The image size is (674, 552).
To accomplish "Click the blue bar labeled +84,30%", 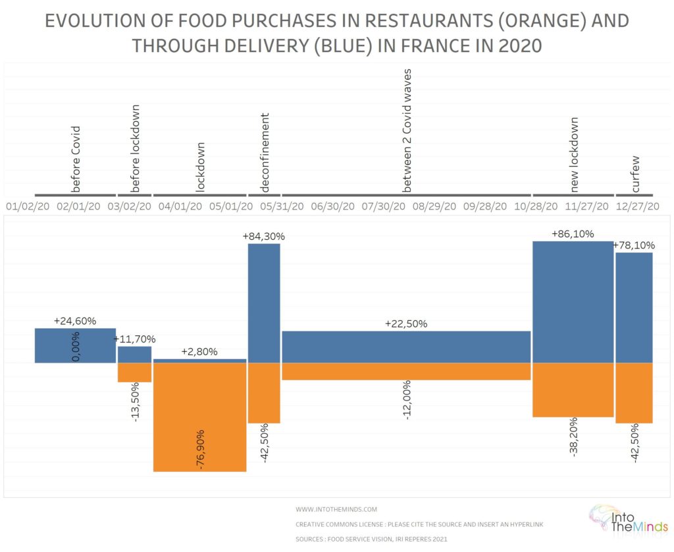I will pyautogui.click(x=264, y=303).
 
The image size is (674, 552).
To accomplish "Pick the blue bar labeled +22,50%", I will pyautogui.click(x=406, y=346).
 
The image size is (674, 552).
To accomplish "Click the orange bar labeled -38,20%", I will pyautogui.click(x=573, y=389).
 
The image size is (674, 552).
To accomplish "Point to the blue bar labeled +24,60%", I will pyautogui.click(x=75, y=345).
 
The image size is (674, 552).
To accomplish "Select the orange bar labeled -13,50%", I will pyautogui.click(x=134, y=372).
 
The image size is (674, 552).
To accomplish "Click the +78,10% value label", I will pyautogui.click(x=634, y=245).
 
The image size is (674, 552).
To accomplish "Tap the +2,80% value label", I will pyautogui.click(x=199, y=352).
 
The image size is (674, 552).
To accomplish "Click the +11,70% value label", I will pyautogui.click(x=134, y=339).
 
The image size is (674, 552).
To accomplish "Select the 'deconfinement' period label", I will pyautogui.click(x=265, y=152).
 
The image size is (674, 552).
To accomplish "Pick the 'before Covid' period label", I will pyautogui.click(x=76, y=159).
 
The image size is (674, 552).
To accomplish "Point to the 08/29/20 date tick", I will pyautogui.click(x=434, y=206).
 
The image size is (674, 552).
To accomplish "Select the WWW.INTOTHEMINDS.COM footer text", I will pyautogui.click(x=336, y=509).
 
